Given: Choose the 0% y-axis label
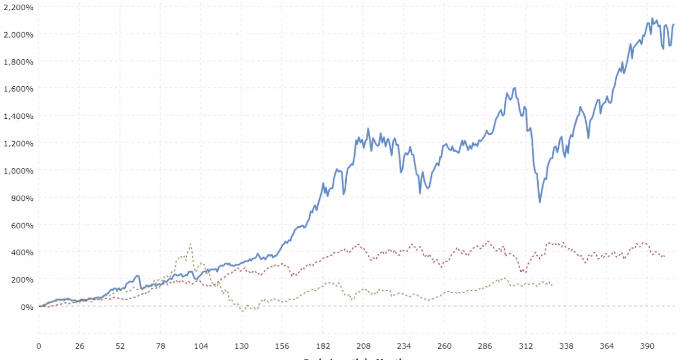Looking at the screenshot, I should coord(25,307).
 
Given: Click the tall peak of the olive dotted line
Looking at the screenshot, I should coord(190,244).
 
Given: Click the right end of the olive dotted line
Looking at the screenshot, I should coord(552,285).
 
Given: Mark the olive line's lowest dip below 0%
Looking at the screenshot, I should coord(243,311).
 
